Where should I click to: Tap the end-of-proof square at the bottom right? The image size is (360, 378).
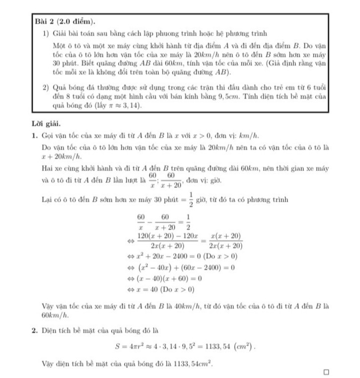pos(326,371)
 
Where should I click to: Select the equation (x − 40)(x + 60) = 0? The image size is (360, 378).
pos(168,278)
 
